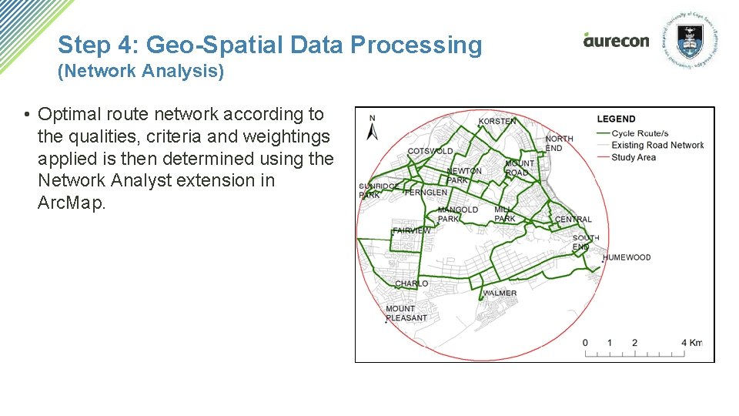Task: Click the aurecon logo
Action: tap(616, 40)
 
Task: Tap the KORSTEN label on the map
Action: tap(497, 122)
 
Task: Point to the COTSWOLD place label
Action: tap(430, 151)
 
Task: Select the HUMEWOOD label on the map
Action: tap(627, 258)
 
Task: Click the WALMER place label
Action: tap(500, 294)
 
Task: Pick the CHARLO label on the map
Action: tap(411, 284)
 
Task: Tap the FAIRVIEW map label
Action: tap(412, 230)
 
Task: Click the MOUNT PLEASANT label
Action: tap(406, 314)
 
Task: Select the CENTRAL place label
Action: tap(573, 220)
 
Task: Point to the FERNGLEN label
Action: tap(426, 193)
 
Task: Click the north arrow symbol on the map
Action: tap(373, 129)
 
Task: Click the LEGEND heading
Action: tap(617, 119)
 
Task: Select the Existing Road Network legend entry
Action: tap(657, 145)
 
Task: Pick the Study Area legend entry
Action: tap(634, 157)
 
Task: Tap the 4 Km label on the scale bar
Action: tap(692, 343)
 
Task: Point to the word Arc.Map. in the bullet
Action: tap(70, 203)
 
